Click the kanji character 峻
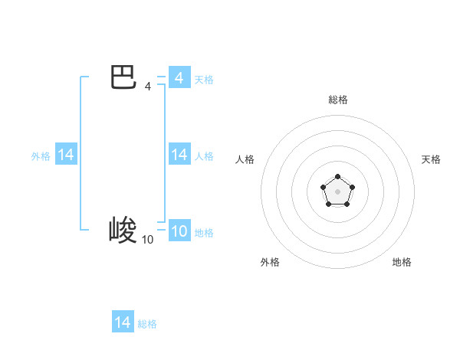[123, 230]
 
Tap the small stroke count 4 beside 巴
[148, 87]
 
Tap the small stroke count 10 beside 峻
[147, 240]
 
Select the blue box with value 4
[179, 78]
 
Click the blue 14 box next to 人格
[179, 155]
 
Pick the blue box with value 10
[179, 231]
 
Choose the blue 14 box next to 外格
[66, 155]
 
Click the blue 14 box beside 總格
[123, 322]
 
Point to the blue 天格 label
[204, 80]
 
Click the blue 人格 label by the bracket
[204, 156]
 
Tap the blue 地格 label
[204, 233]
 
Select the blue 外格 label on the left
[41, 156]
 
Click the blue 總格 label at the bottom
[147, 324]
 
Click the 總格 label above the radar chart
[337, 100]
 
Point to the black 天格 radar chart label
[431, 159]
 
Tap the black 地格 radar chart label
[402, 262]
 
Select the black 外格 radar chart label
[270, 262]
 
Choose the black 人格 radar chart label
[245, 159]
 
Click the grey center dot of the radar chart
[337, 191]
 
